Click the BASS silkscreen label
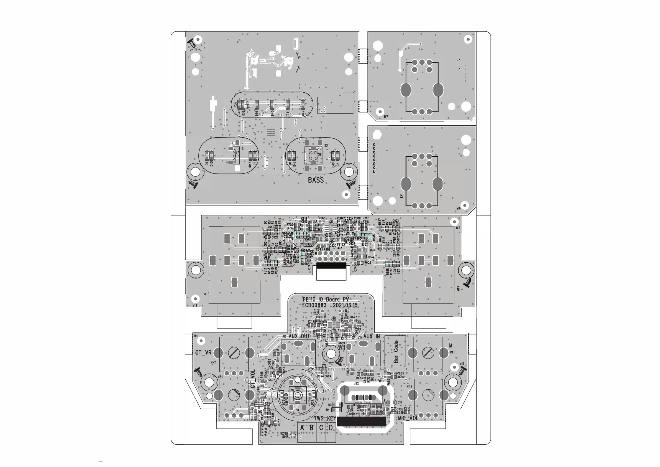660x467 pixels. [316, 180]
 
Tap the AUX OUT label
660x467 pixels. [299, 336]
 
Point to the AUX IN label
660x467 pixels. [371, 336]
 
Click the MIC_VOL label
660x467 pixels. [408, 418]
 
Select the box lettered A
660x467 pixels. [302, 428]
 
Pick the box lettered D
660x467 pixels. [331, 428]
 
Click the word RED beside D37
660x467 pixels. [235, 104]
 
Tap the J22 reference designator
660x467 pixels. [356, 384]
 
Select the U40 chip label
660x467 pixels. [333, 319]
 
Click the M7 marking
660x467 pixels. [386, 117]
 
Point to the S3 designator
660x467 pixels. [326, 146]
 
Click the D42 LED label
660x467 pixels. [303, 113]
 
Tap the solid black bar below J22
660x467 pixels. [361, 422]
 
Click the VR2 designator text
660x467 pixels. [213, 362]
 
